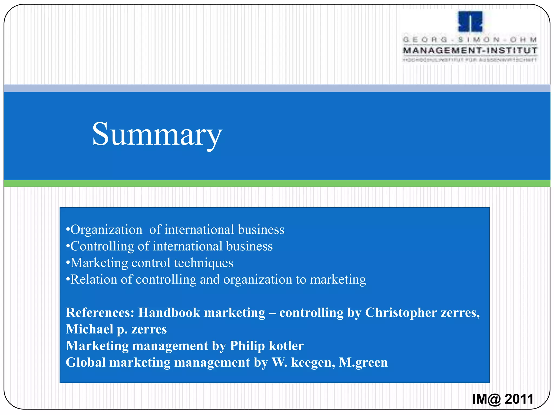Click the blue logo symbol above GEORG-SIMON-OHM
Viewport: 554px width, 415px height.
tap(470, 22)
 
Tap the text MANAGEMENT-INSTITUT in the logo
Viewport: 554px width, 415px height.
tap(470, 51)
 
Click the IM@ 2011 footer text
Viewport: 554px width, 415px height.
tap(503, 399)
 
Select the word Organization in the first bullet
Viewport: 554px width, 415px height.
tap(106, 230)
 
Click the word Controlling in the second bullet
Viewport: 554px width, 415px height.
tap(102, 246)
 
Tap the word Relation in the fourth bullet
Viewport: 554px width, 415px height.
tap(93, 279)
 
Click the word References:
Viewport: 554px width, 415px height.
tap(100, 313)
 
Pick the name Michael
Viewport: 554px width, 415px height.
tap(89, 329)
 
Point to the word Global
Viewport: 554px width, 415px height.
tap(85, 363)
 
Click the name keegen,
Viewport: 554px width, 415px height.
tap(313, 363)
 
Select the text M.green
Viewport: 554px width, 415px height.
tap(363, 363)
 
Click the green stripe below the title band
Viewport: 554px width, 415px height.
tap(277, 183)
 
